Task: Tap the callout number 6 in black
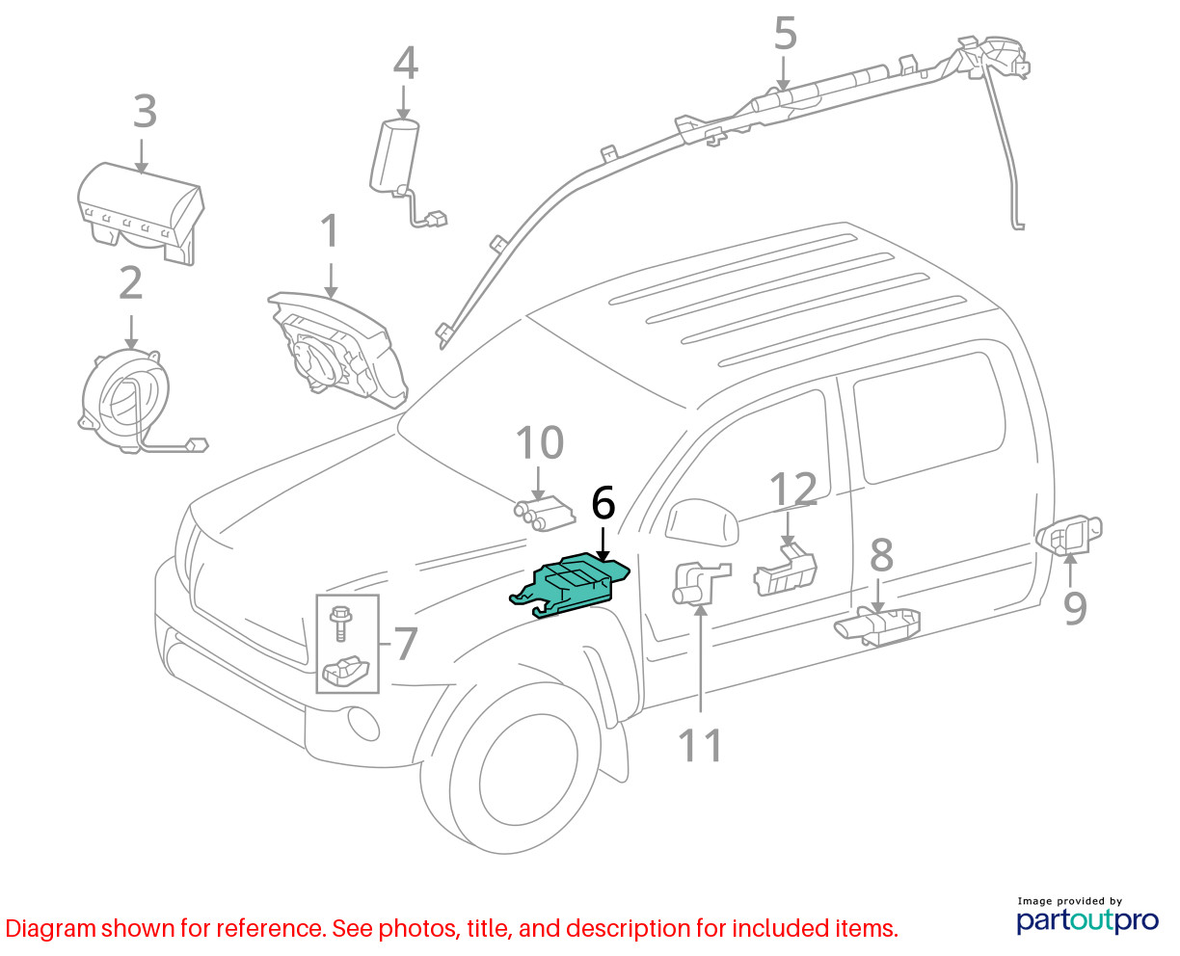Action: (603, 504)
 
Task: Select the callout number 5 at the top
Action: (786, 35)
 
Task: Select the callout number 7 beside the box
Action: (406, 644)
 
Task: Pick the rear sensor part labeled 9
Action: (1070, 535)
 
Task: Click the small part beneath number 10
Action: (546, 512)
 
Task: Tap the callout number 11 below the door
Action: (701, 745)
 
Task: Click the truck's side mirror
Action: (701, 523)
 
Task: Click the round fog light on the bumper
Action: (363, 725)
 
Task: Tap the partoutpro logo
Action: (1087, 918)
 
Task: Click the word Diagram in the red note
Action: (50, 929)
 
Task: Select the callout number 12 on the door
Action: (793, 491)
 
